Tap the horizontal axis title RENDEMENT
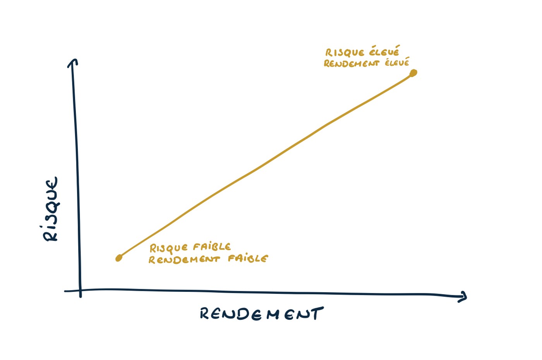tap(261, 314)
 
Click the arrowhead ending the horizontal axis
tap(463, 297)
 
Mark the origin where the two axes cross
tap(80, 290)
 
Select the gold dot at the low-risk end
tap(119, 258)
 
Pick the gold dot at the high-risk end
tap(413, 73)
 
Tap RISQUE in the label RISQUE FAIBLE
tap(169, 248)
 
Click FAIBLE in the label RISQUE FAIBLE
tap(212, 247)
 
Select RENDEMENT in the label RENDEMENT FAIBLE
tap(184, 259)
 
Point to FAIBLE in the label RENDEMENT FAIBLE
tap(247, 258)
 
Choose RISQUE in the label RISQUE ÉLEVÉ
tap(345, 53)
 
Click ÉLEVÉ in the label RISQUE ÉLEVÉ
tap(384, 51)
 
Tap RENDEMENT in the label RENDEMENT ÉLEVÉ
tap(351, 63)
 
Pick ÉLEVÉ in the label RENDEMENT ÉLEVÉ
tap(397, 62)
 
